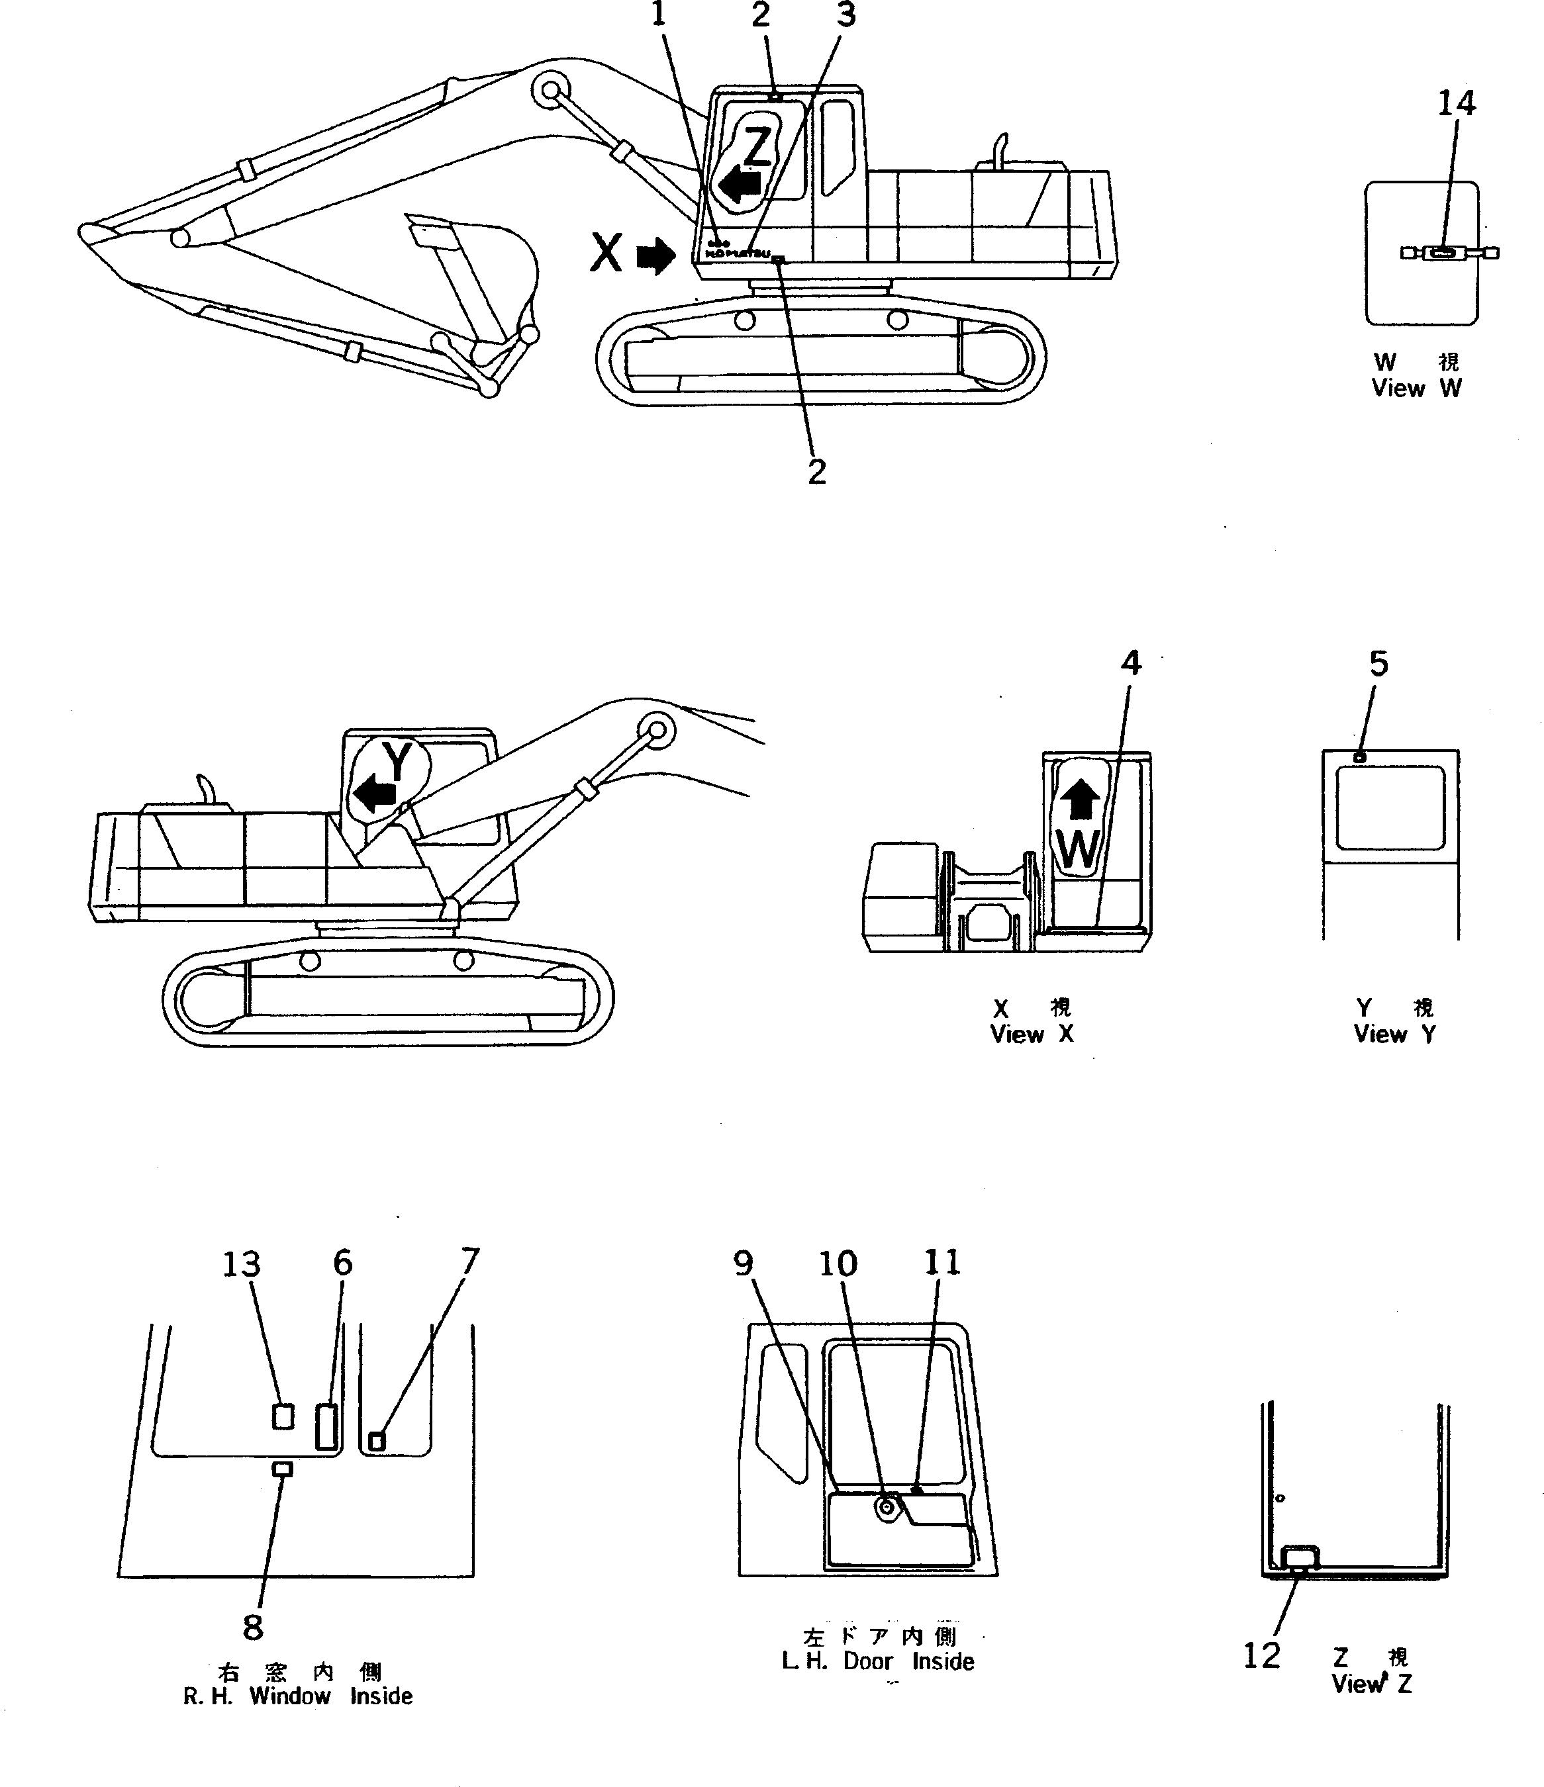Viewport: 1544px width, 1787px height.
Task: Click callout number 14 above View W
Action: (x=1456, y=103)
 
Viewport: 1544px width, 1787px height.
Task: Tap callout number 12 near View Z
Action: (x=1261, y=1655)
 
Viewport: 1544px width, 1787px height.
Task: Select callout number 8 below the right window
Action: (x=253, y=1627)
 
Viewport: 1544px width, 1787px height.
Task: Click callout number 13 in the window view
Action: (x=242, y=1264)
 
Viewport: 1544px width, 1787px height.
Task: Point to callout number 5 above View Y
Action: (x=1379, y=664)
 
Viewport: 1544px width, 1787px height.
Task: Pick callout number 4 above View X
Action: (x=1131, y=663)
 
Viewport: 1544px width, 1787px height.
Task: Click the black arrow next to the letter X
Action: (x=657, y=256)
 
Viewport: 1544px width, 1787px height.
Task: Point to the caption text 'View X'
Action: (x=1032, y=1034)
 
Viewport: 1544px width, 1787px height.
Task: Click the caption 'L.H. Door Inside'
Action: (x=877, y=1661)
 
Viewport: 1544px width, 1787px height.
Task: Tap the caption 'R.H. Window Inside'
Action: (x=297, y=1696)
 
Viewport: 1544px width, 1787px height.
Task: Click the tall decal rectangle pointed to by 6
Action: (x=326, y=1426)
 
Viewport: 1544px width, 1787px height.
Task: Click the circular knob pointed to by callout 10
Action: (x=886, y=1506)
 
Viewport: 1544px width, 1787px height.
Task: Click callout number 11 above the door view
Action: (x=942, y=1263)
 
